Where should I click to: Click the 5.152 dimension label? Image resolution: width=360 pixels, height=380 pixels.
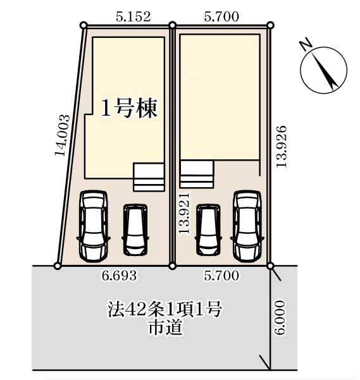pos(133,17)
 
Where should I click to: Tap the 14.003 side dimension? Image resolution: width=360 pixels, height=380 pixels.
pos(62,136)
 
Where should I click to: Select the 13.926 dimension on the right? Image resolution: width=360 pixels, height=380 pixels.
pos(281,147)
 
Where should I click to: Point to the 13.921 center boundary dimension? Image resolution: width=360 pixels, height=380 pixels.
pos(184,214)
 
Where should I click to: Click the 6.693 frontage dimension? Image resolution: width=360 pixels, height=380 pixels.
pos(120,276)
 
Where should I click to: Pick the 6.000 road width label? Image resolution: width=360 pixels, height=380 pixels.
pos(280,317)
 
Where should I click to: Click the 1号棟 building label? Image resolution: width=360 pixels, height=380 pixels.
pos(130,108)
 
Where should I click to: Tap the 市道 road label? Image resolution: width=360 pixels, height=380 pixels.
pos(165,328)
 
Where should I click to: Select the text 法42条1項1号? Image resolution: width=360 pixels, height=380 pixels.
pos(165,309)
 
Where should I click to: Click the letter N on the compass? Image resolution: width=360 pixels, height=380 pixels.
pos(305,44)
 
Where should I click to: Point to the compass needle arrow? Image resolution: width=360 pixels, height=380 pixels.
pos(325,71)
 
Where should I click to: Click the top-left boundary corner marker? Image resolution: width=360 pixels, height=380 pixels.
pos(84,25)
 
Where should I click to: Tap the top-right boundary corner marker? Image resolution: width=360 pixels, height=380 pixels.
pos(270,25)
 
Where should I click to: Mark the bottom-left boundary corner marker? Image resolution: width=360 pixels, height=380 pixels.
pos(58,266)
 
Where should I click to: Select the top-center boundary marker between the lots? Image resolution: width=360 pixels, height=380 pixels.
pos(172,25)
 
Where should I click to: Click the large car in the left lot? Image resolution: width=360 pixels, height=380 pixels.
pos(94,226)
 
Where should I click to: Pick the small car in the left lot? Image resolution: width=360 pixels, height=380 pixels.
pos(135,230)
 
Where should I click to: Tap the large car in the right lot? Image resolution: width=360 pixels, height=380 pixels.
pos(247,226)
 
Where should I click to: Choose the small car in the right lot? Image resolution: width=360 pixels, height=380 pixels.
pos(208,230)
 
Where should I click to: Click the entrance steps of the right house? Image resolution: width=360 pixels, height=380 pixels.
pos(197,174)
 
